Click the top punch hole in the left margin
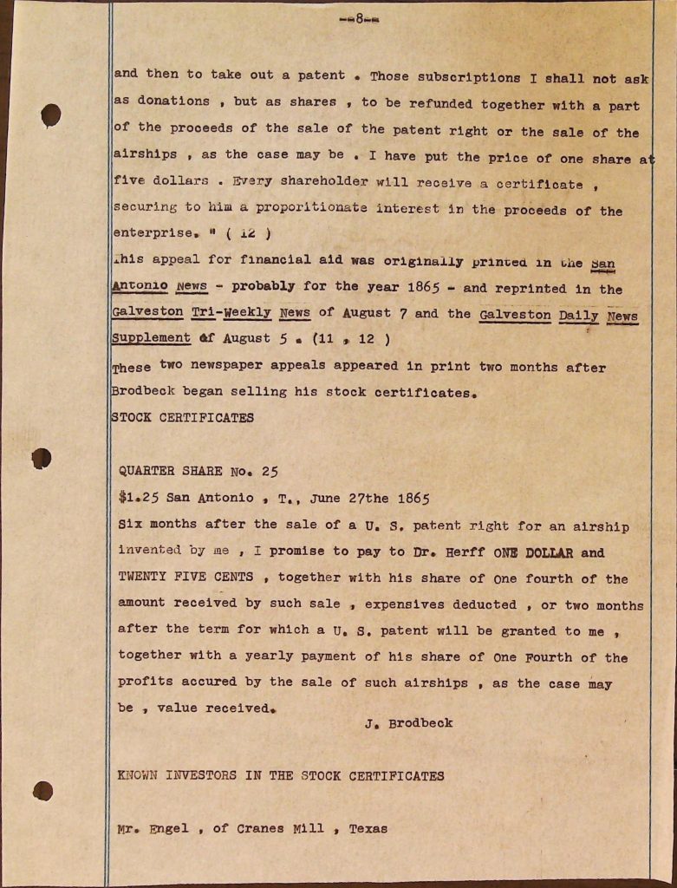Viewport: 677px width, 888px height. [51, 114]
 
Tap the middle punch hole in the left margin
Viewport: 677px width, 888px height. [42, 458]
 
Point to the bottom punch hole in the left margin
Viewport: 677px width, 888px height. [42, 790]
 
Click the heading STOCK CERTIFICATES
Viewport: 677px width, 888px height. [183, 418]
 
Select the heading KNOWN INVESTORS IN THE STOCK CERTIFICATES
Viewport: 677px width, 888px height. [281, 776]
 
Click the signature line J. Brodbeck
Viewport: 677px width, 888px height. [408, 722]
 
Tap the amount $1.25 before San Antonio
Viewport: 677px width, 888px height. [139, 498]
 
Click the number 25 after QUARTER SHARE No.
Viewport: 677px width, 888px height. [270, 472]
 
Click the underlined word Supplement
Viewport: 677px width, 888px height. [151, 338]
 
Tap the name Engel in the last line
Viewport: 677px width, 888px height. [169, 828]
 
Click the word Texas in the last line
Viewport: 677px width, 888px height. [368, 828]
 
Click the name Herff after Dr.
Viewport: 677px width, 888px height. [462, 552]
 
